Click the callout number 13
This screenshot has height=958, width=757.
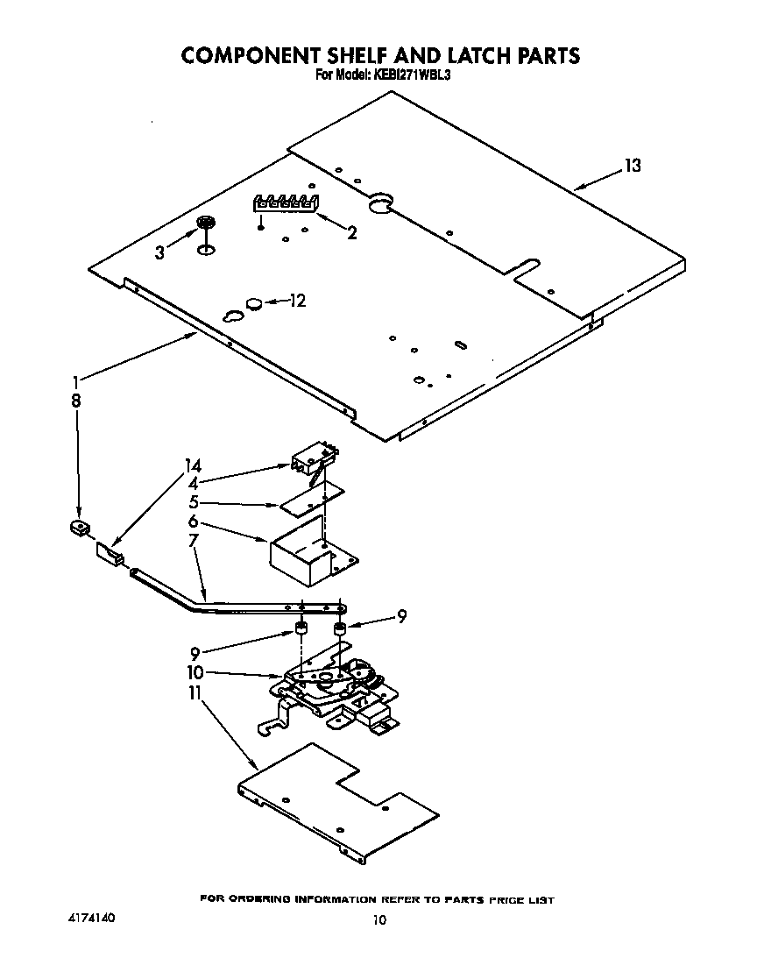click(633, 166)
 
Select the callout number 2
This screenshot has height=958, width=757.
click(352, 233)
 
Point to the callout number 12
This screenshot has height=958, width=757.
click(298, 302)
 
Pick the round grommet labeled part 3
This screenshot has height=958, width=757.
click(207, 224)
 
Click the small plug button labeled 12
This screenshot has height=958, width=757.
click(254, 303)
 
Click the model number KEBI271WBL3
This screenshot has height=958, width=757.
click(411, 75)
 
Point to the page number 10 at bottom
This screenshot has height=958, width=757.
click(378, 920)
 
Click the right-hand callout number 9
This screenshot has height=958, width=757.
click(401, 616)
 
